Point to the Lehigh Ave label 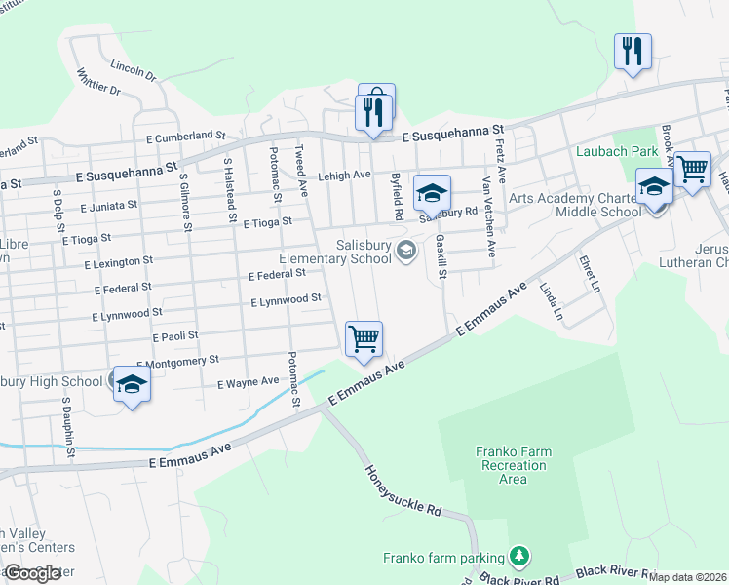(345, 175)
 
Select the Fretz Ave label (500, 160)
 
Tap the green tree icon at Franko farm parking (520, 557)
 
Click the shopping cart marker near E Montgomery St (364, 338)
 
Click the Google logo (32, 573)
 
